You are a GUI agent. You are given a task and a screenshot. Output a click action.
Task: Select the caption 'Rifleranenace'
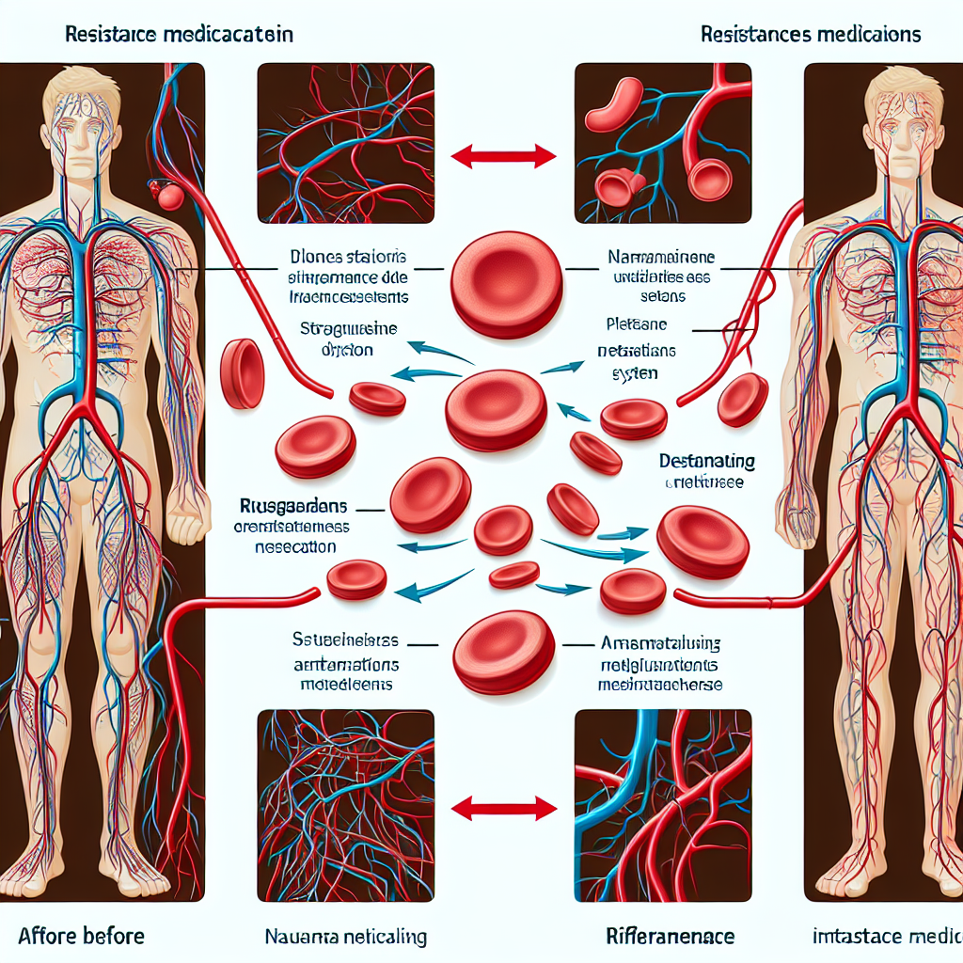point(671,937)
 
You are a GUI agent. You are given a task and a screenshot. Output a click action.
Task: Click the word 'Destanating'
point(707,463)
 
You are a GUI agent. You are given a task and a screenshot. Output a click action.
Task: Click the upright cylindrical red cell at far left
point(242,373)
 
